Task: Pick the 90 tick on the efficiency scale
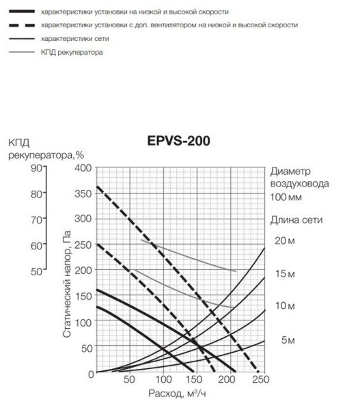[33, 167]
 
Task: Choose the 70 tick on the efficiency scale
[33, 219]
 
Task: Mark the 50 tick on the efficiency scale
[33, 271]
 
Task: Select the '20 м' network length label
[285, 241]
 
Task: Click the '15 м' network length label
[285, 274]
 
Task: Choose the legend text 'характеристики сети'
[77, 40]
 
